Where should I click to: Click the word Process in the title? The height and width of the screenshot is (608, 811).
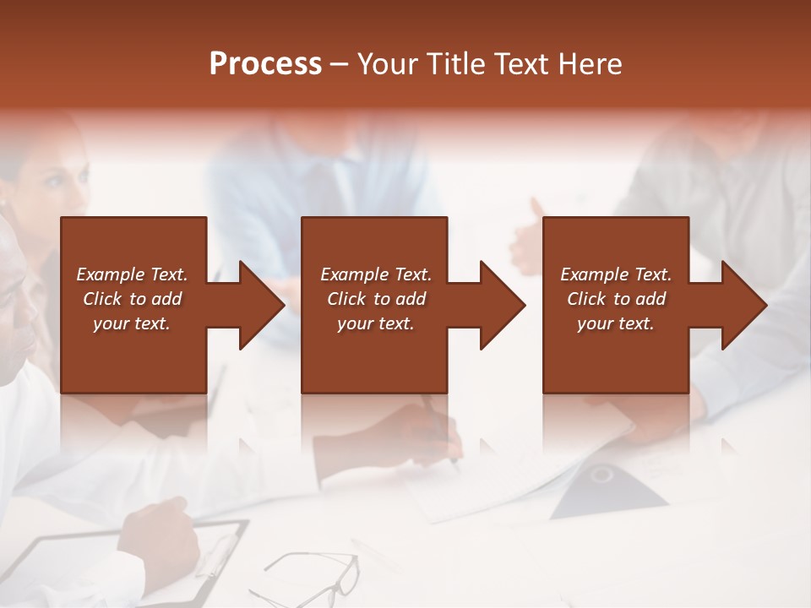click(x=265, y=64)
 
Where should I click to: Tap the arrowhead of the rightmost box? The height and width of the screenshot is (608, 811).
click(x=744, y=306)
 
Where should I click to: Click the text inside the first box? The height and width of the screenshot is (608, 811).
click(x=132, y=299)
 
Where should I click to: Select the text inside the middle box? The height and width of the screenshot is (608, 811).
click(x=376, y=299)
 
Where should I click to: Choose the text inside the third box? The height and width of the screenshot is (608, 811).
click(x=616, y=299)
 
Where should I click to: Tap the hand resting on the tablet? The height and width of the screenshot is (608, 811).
click(x=161, y=532)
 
